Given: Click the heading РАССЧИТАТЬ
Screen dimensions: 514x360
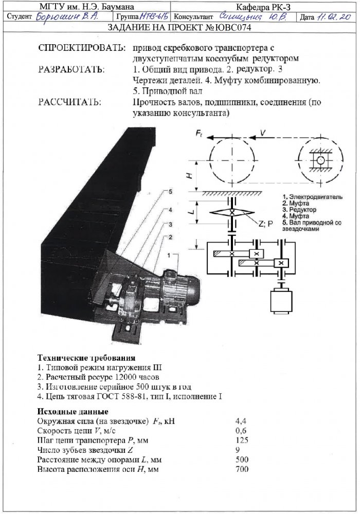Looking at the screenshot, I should pyautogui.click(x=70, y=102).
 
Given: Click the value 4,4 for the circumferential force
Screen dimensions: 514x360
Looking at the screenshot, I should pyautogui.click(x=241, y=421).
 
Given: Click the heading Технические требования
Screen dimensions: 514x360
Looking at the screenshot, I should pyautogui.click(x=86, y=357).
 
